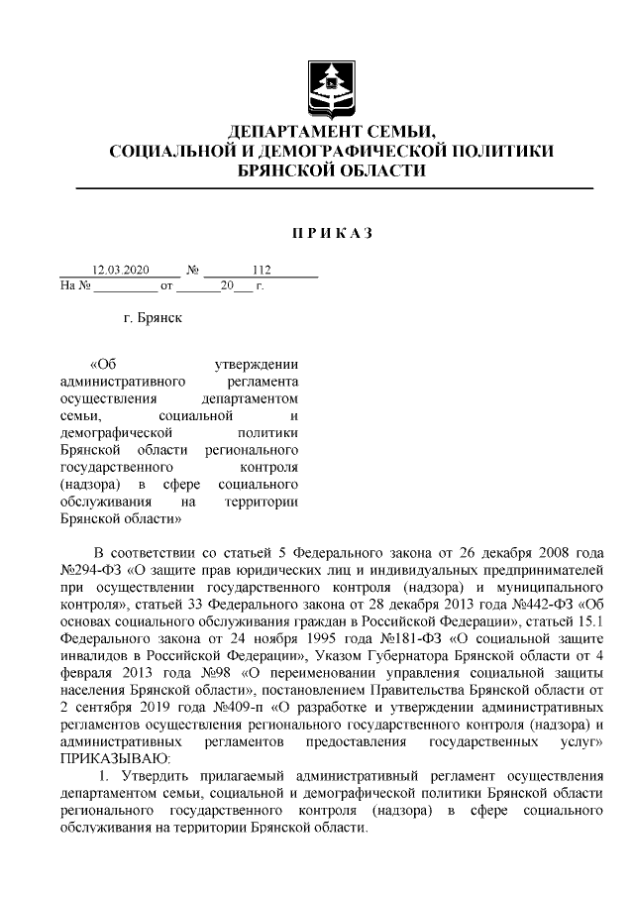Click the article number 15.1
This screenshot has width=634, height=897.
(x=588, y=622)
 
